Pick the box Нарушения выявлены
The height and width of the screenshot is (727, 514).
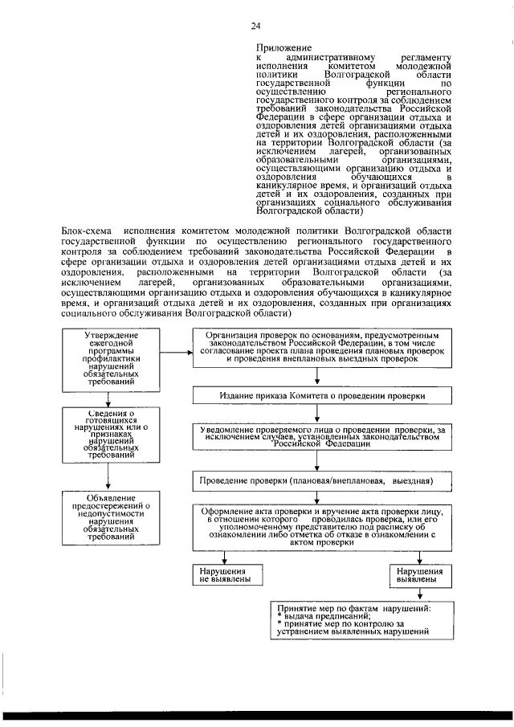point(419,574)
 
